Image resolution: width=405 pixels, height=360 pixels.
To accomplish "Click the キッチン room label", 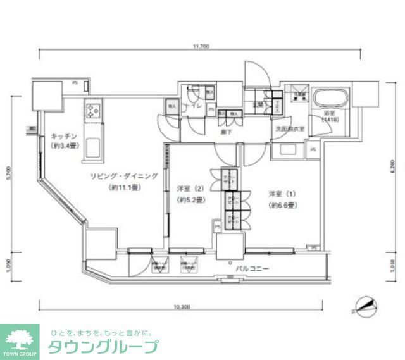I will (65, 135).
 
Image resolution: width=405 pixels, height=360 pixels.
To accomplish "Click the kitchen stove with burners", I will (93, 112).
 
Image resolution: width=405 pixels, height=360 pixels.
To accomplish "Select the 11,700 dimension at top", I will (201, 46).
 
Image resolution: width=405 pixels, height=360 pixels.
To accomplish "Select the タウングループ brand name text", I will (103, 347).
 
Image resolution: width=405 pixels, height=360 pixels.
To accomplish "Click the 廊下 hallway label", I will (225, 132).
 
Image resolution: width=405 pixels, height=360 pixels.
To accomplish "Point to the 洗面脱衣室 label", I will (290, 128).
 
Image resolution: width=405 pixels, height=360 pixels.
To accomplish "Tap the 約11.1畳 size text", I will (124, 188).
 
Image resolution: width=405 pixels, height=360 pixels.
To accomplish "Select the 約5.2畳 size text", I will (190, 200).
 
